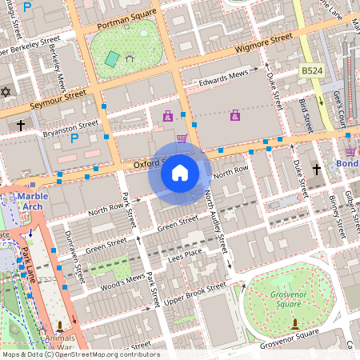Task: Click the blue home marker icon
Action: point(180,172)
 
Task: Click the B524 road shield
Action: point(311,72)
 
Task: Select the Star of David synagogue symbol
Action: point(7,92)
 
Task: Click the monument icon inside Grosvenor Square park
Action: point(295,323)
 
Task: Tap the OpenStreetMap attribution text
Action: point(80,354)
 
